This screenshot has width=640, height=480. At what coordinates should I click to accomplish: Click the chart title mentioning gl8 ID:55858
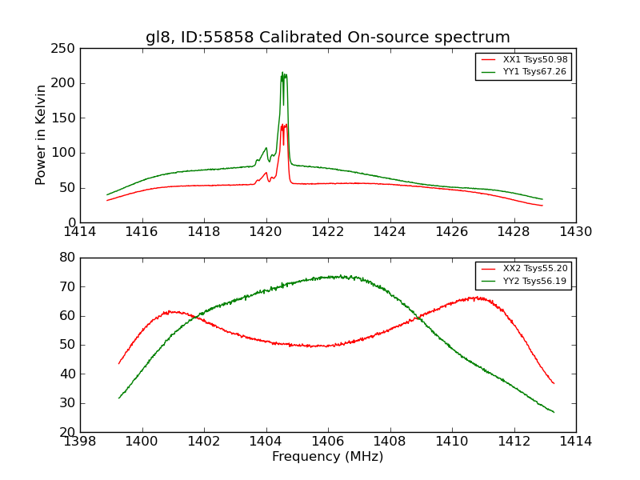tap(327, 38)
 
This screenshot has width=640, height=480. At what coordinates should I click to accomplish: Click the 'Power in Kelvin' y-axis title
tap(41, 135)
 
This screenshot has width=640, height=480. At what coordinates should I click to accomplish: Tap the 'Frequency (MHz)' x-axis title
tap(327, 457)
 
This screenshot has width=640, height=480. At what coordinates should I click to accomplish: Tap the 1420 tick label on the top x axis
tap(266, 231)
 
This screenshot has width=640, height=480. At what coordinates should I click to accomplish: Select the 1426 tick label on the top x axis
tap(451, 231)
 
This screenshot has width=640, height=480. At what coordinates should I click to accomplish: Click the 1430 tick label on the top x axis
tap(575, 231)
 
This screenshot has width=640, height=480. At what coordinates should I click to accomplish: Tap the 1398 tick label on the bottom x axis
tap(80, 441)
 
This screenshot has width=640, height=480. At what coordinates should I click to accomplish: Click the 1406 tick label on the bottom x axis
tap(327, 441)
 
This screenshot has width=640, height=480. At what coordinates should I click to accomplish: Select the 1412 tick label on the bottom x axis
tap(514, 441)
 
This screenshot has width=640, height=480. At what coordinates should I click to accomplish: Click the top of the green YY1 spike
tap(282, 74)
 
